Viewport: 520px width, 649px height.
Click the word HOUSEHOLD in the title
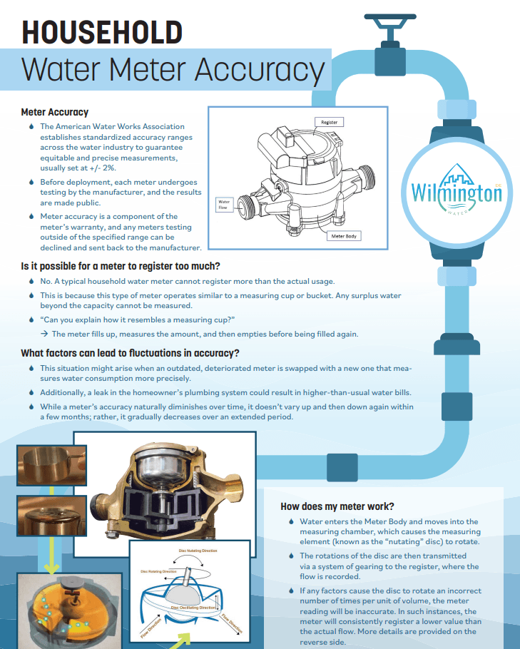101,32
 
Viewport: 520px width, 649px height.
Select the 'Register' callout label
329,122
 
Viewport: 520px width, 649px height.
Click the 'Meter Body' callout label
345,236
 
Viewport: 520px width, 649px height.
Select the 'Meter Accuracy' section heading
55,112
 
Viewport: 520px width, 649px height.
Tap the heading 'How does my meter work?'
337,506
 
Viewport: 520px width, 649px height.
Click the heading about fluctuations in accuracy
130,353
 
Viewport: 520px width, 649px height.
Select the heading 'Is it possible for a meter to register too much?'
141,267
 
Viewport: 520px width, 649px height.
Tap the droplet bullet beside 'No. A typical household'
31,281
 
